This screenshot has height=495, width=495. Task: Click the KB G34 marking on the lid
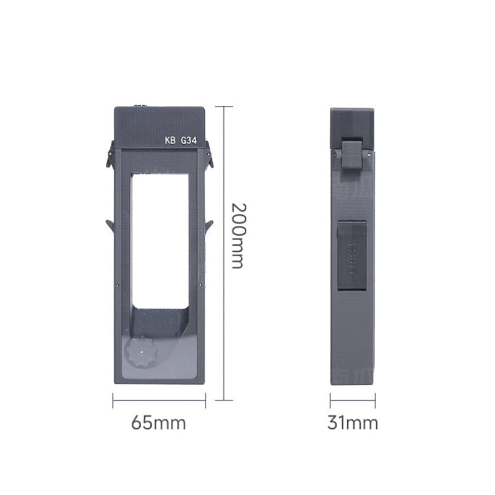(x=180, y=140)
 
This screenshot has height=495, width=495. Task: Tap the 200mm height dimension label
(x=237, y=235)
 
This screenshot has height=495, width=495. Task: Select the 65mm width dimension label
(x=158, y=423)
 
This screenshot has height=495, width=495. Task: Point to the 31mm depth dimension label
(x=352, y=423)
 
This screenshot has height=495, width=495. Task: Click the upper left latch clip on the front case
(x=110, y=155)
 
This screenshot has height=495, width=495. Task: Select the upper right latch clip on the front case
(x=209, y=155)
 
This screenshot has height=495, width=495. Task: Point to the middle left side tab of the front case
(x=110, y=225)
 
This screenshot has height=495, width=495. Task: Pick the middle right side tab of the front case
(x=209, y=226)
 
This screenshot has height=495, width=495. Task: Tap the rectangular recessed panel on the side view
(x=351, y=254)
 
